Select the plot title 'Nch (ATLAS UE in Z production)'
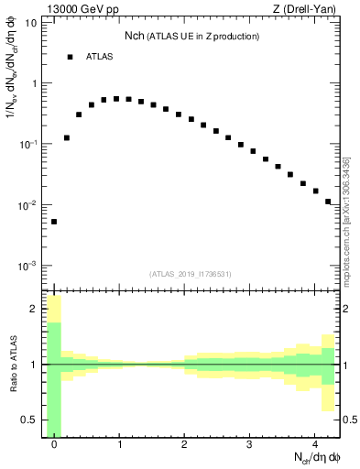pos(191,36)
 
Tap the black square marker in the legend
pos(70,57)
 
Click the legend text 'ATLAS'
pos(100,57)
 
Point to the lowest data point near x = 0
pos(54,222)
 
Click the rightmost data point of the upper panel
pos(328,202)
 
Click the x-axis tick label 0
pos(54,445)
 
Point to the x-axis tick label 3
pos(250,445)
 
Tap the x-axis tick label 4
pos(315,445)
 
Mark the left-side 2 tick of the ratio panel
pos(36,309)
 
